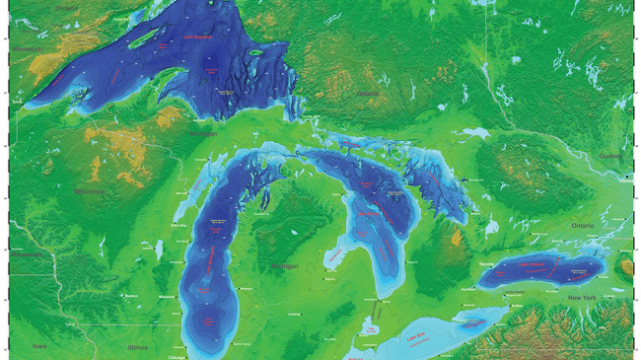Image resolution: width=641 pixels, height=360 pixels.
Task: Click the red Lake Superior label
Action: [198, 38]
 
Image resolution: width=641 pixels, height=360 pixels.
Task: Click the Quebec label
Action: [610, 155]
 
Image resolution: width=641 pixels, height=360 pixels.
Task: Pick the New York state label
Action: [582, 297]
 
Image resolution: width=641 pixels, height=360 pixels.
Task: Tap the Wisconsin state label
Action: [91, 190]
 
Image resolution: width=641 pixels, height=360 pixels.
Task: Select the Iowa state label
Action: [39, 346]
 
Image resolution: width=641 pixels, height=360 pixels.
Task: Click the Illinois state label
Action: [137, 347]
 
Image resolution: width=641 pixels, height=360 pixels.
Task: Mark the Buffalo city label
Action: [517, 307]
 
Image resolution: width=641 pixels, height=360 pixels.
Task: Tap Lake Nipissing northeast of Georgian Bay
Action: [477, 131]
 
